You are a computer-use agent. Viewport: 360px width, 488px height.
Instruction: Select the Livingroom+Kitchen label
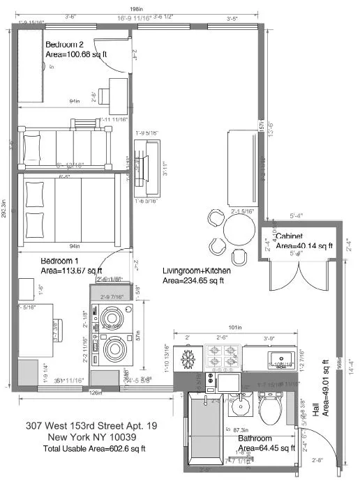coord(193,270)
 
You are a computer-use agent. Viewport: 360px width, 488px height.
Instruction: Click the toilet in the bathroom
coord(269,404)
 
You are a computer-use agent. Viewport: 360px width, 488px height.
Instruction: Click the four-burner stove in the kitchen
coord(221,359)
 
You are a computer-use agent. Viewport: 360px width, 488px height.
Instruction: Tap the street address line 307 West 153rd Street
coord(91,425)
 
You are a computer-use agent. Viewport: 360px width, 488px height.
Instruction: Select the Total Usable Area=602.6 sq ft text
coord(91,449)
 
